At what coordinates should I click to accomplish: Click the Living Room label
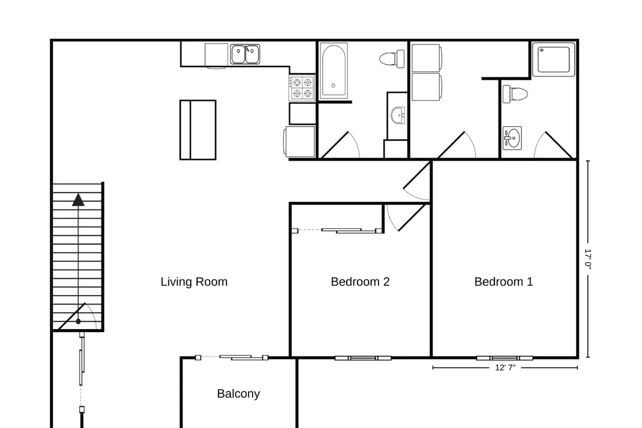[194, 282]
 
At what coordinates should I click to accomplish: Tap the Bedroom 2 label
[360, 282]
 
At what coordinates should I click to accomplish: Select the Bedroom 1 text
[504, 282]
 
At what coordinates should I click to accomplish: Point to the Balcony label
[238, 394]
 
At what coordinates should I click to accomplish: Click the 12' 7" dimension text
[505, 368]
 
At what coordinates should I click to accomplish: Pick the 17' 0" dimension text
[588, 259]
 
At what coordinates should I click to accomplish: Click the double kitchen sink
[245, 54]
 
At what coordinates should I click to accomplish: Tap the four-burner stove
[302, 88]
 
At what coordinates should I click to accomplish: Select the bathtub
[333, 71]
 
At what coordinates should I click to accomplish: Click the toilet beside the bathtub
[392, 59]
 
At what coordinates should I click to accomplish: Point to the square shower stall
[553, 59]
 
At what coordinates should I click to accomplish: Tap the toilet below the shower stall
[515, 94]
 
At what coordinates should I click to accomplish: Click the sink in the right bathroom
[512, 138]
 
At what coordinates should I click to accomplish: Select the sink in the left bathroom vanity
[398, 115]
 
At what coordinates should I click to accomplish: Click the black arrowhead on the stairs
[78, 200]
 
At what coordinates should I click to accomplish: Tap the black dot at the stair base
[78, 321]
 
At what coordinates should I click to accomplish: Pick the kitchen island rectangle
[198, 130]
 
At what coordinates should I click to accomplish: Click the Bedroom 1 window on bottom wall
[505, 358]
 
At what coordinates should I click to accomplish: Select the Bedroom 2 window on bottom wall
[363, 358]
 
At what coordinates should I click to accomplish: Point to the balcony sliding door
[232, 358]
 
